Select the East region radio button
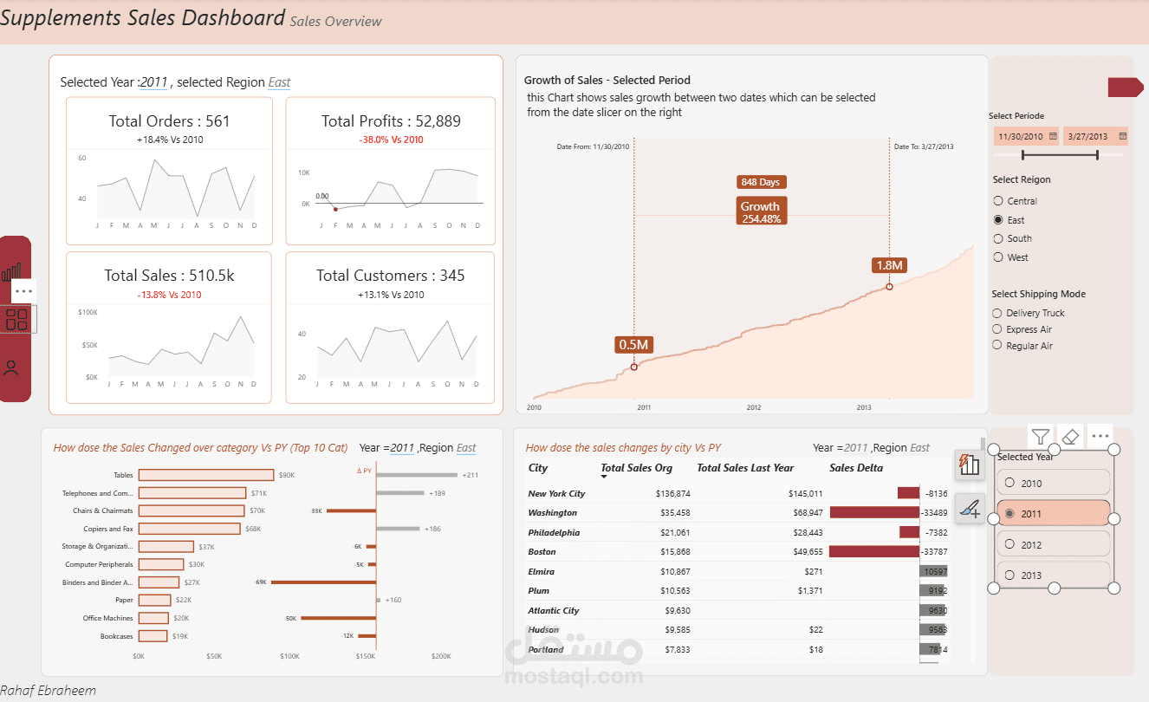[x=998, y=220]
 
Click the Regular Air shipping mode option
[x=998, y=346]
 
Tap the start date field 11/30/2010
[x=1021, y=136]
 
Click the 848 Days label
[x=760, y=182]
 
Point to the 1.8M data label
[x=889, y=265]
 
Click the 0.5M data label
[x=633, y=345]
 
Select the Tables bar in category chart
[x=206, y=475]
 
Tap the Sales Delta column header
[x=856, y=468]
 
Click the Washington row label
[x=552, y=513]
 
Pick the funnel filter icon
[x=1041, y=437]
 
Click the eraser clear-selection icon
[x=1071, y=437]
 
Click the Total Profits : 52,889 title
[x=391, y=121]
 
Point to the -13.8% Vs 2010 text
[x=169, y=295]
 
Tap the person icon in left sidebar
[x=12, y=367]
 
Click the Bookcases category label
[x=116, y=636]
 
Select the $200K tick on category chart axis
[x=440, y=656]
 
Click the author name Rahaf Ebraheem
[x=49, y=691]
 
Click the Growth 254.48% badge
[x=760, y=211]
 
